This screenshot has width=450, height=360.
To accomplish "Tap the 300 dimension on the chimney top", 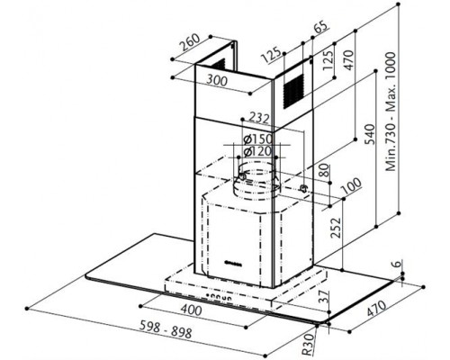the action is click(x=217, y=80).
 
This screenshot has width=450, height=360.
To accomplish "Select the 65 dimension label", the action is click(x=321, y=28).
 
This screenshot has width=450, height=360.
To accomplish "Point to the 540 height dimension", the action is click(x=371, y=134).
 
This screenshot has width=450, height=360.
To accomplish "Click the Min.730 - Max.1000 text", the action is click(x=391, y=112).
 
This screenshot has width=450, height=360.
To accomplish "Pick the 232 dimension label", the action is click(x=260, y=118).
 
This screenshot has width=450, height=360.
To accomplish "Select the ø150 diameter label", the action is click(x=258, y=139).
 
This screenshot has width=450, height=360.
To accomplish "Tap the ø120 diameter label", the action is click(x=258, y=151).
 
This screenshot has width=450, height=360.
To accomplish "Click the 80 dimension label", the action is click(x=325, y=171).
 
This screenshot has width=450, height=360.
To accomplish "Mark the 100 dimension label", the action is click(x=351, y=186).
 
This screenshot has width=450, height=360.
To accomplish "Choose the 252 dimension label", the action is click(x=336, y=228).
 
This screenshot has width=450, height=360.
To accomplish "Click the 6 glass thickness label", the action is click(x=397, y=264).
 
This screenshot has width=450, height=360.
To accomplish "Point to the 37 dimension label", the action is click(x=323, y=297).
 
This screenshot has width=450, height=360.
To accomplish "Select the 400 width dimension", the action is click(x=191, y=310).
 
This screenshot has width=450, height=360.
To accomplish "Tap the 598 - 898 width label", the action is click(x=166, y=329).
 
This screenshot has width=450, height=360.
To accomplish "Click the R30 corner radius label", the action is click(x=308, y=344).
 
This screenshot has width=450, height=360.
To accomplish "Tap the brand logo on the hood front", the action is click(x=233, y=263).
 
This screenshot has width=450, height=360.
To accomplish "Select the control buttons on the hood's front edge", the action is click(x=220, y=297).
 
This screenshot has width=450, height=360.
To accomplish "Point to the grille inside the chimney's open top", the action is click(x=219, y=65).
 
